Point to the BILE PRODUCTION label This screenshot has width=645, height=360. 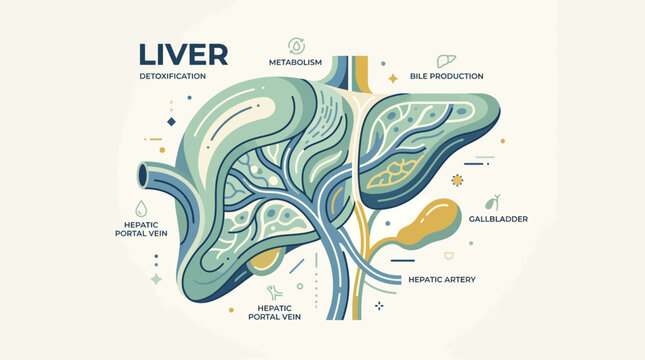click(x=447, y=76)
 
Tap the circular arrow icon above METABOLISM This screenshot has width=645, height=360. click(x=296, y=44)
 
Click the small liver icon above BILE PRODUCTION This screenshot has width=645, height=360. click(x=447, y=60)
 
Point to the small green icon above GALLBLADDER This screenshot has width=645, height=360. click(x=492, y=201)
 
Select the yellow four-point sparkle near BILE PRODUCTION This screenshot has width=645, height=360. click(x=393, y=77)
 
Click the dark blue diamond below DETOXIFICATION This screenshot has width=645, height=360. click(x=171, y=122)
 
